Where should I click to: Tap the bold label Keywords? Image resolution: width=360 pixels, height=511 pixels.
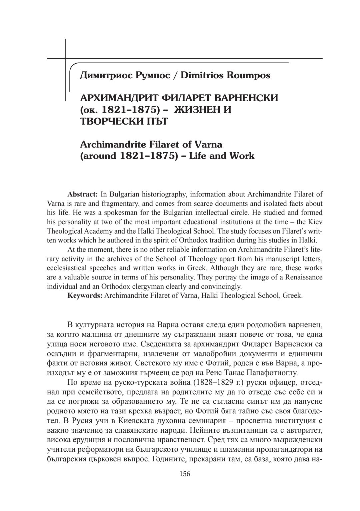pos(85,295)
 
